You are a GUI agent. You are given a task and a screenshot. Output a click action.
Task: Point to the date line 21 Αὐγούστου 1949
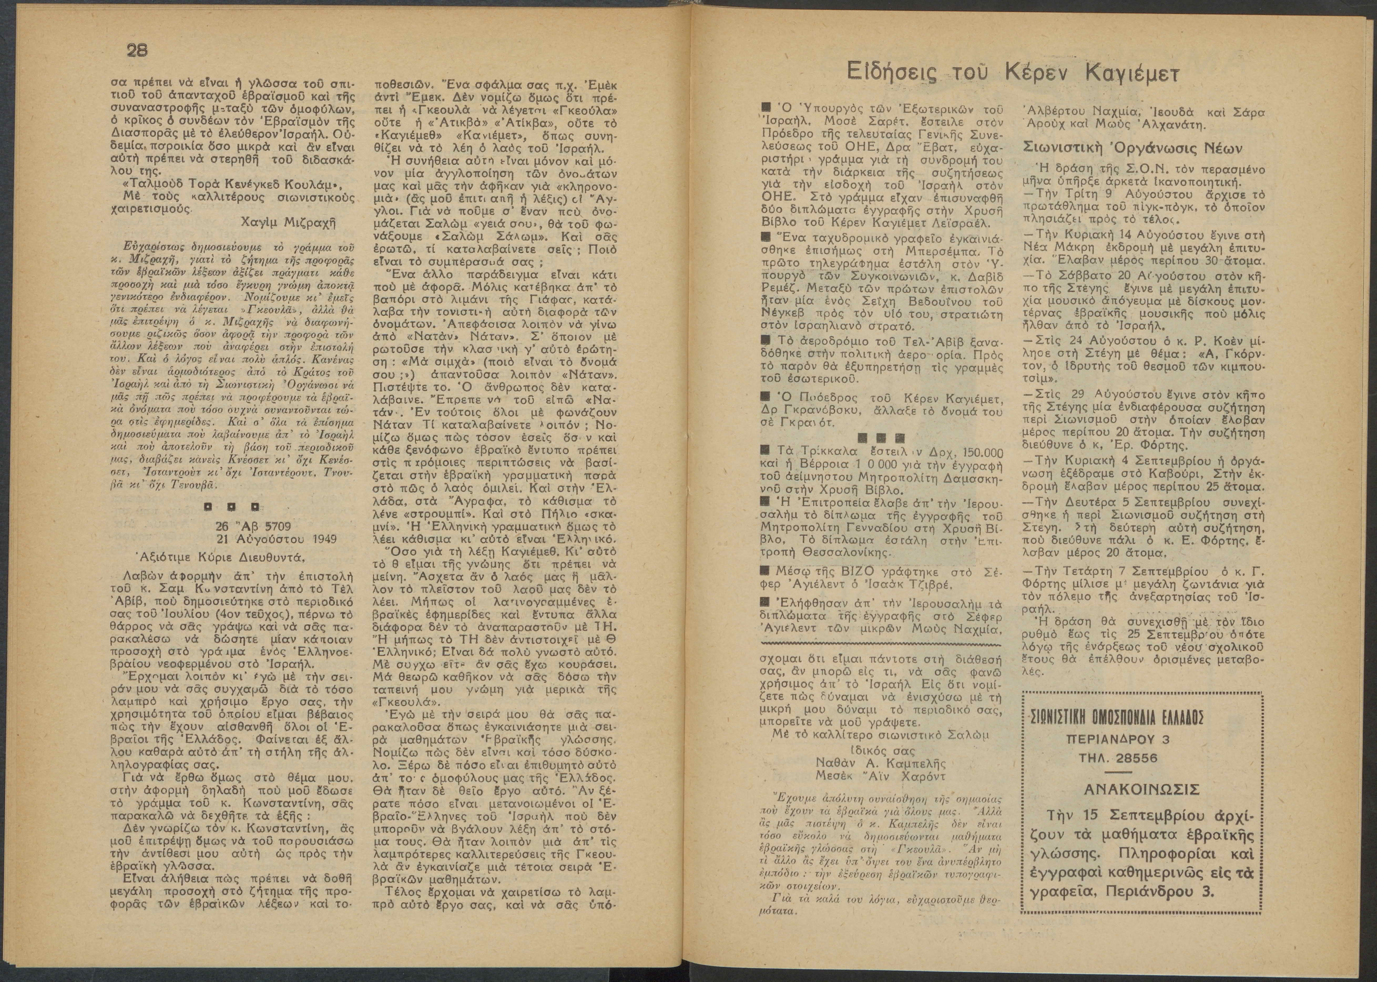(x=277, y=538)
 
